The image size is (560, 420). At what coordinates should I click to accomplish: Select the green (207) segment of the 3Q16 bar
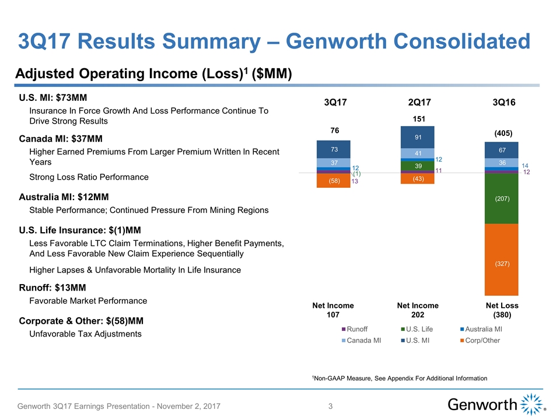point(501,199)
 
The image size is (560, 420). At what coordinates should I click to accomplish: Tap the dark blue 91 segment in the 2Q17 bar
point(418,137)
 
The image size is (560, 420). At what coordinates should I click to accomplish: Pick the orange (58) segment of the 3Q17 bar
point(333,181)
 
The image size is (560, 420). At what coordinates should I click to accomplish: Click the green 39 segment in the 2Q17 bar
point(418,166)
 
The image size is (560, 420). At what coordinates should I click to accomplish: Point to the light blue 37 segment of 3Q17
point(333,163)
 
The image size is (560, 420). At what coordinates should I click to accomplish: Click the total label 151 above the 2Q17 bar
point(418,118)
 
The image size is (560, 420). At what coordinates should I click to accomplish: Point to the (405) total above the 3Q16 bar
point(501,133)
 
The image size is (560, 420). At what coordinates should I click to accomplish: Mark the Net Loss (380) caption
point(502,310)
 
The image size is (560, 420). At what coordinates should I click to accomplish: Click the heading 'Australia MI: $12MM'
point(64,197)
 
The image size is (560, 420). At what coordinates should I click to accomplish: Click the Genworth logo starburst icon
point(530,404)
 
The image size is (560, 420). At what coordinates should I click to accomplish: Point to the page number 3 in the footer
point(330,406)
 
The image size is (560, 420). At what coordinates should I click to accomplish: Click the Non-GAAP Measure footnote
point(400,379)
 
